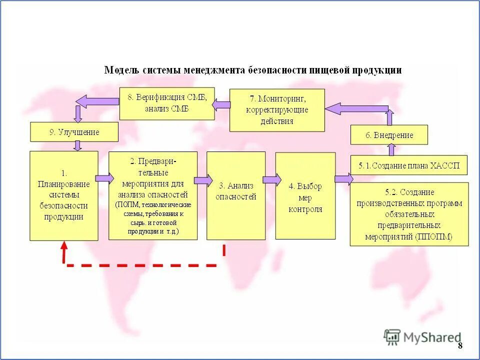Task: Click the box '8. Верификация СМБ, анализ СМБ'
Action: (167, 103)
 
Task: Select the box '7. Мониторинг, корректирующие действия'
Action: (277, 110)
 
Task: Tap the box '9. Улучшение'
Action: (74, 132)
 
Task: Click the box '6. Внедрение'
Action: (389, 135)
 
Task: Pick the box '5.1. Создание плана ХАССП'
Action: (408, 165)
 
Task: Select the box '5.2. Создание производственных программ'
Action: (409, 214)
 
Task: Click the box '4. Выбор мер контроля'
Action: (305, 196)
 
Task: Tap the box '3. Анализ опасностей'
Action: (236, 196)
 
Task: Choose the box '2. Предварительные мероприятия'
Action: (153, 196)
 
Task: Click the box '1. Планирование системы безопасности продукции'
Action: (64, 196)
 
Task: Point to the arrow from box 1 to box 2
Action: (104, 178)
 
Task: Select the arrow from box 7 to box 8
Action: (221, 105)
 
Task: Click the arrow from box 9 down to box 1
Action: (77, 145)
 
